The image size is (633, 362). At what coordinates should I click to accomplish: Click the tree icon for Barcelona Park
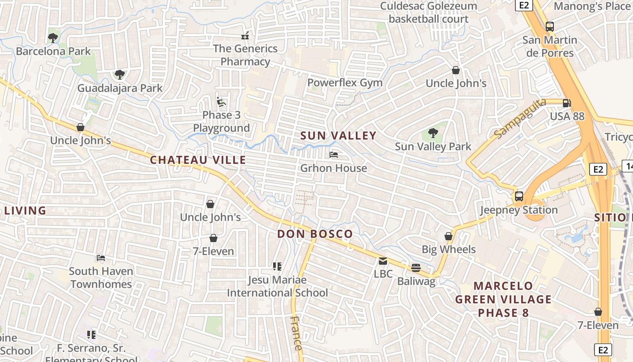53,38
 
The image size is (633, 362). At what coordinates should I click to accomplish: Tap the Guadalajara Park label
120,88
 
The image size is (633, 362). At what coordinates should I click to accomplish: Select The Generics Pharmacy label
245,55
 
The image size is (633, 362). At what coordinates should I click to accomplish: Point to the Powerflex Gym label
345,83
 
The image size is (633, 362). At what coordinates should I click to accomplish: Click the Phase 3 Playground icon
221,102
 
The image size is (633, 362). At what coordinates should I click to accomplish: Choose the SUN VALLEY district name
338,136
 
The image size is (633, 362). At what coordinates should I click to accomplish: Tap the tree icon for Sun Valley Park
433,133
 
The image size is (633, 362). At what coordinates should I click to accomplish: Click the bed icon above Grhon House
334,155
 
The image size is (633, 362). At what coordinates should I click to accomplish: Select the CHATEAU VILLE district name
198,160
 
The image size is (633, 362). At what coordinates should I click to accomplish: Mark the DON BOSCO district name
315,234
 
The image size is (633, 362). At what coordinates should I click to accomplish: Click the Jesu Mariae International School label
277,286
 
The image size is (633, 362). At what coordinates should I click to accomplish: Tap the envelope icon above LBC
383,261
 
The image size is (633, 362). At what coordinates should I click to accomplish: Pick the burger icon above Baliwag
416,268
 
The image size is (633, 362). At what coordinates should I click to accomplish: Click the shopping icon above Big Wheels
449,236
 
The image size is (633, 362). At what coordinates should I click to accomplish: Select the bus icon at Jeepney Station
519,197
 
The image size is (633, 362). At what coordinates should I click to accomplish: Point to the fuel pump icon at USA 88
567,103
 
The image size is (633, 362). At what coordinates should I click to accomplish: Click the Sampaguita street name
520,119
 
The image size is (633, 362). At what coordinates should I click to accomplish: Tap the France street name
296,334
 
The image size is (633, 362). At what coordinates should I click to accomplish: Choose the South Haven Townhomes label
101,277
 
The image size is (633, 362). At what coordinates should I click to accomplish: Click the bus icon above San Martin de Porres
550,27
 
